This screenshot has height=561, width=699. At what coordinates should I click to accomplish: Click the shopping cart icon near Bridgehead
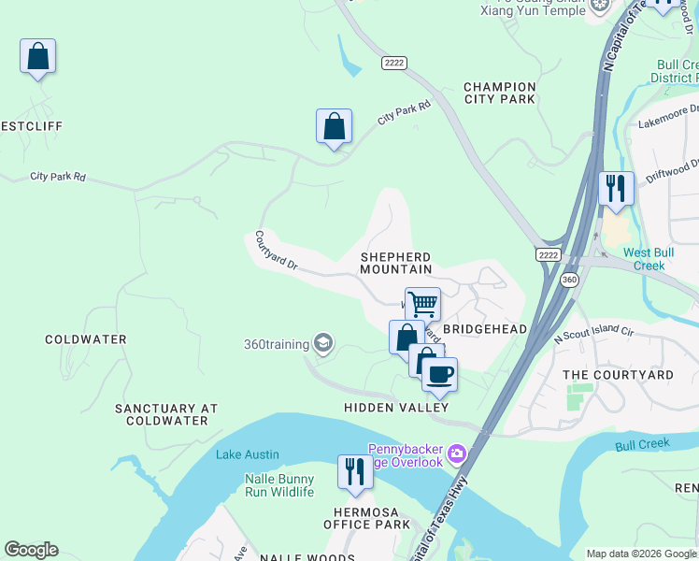[422, 303]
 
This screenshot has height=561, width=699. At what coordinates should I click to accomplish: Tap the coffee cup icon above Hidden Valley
[439, 374]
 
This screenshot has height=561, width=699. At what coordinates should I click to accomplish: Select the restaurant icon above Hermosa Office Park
[354, 471]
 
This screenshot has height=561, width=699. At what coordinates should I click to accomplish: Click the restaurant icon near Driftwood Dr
[616, 188]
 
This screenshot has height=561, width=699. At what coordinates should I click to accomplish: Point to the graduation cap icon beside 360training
[323, 344]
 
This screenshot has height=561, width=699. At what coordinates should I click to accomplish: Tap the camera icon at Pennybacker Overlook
[456, 454]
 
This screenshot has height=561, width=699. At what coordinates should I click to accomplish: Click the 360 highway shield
[569, 280]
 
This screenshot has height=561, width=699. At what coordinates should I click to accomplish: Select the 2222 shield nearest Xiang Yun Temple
[393, 63]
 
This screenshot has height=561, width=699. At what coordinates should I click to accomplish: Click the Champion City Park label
[500, 93]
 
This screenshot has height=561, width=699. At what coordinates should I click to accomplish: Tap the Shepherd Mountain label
[396, 263]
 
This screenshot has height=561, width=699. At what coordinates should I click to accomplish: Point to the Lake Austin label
[247, 455]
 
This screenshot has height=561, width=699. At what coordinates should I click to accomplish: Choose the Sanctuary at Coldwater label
[166, 414]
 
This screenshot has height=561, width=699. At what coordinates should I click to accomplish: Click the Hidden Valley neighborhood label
[396, 408]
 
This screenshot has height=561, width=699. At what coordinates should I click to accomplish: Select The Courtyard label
[618, 375]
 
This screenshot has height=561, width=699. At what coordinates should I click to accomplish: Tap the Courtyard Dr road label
[275, 252]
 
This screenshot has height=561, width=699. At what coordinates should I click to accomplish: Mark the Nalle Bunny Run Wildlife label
[278, 485]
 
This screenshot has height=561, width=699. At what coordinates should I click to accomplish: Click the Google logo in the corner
[31, 550]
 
